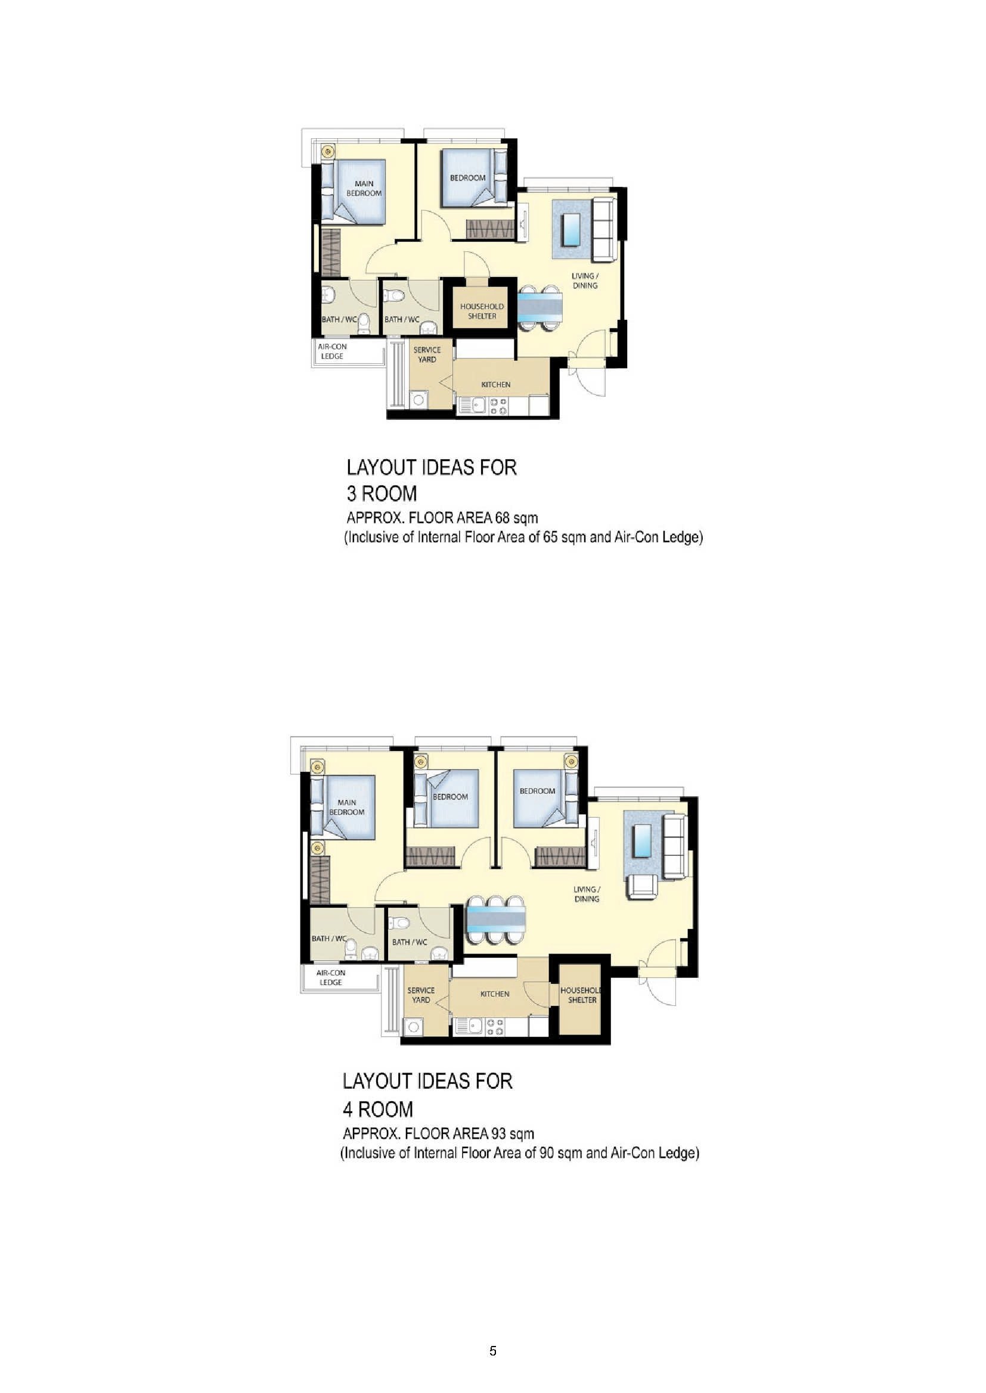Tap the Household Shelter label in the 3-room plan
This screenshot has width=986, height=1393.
[x=482, y=311]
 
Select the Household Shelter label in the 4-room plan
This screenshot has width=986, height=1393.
[x=581, y=995]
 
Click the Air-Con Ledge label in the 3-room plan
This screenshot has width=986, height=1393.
[x=332, y=351]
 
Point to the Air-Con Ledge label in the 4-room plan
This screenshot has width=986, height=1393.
[x=331, y=977]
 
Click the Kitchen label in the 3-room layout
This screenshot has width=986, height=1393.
[x=496, y=385]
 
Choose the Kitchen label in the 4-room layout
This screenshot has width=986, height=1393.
[x=495, y=994]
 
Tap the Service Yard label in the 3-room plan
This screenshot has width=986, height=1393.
[x=427, y=354]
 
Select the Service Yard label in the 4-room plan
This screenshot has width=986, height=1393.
[x=421, y=995]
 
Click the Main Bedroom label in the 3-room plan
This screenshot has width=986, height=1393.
[x=364, y=188]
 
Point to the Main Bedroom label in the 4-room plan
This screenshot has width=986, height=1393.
[x=347, y=807]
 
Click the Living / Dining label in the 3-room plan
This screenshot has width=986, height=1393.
[x=585, y=281]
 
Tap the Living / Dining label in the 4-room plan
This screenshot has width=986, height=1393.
[x=587, y=894]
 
